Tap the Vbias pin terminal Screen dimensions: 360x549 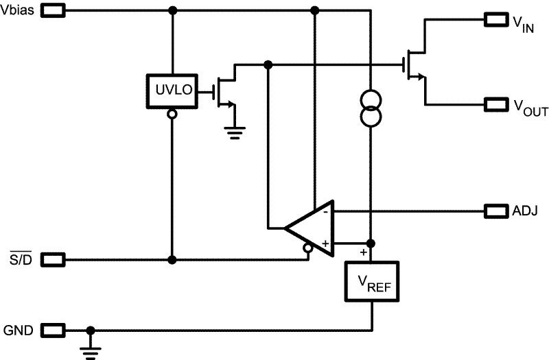tap(54, 11)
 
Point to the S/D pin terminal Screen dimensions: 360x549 tap(54, 260)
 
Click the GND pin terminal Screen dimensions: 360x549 tap(54, 331)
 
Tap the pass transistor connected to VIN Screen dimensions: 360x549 tap(414, 65)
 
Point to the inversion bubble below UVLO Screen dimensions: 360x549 tap(172, 114)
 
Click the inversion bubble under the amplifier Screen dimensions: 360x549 tap(308, 250)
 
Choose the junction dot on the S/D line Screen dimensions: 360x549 tap(172, 260)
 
